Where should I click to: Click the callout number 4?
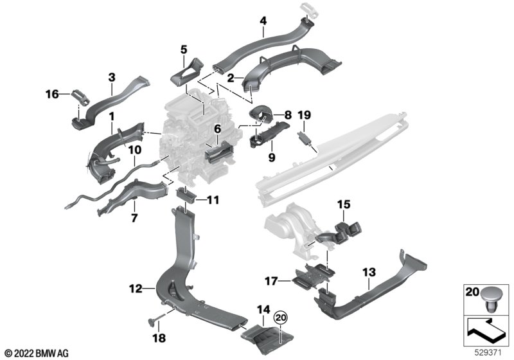point(263,21)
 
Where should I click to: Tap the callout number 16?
point(52,94)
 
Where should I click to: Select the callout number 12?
point(136,289)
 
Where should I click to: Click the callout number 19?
point(304,115)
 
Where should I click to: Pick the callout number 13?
point(369,272)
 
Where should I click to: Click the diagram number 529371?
point(488,353)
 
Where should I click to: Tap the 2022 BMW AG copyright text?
point(37,354)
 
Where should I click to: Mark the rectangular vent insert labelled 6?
point(219,154)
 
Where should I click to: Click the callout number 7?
point(134,217)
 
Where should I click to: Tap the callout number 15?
point(344,204)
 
